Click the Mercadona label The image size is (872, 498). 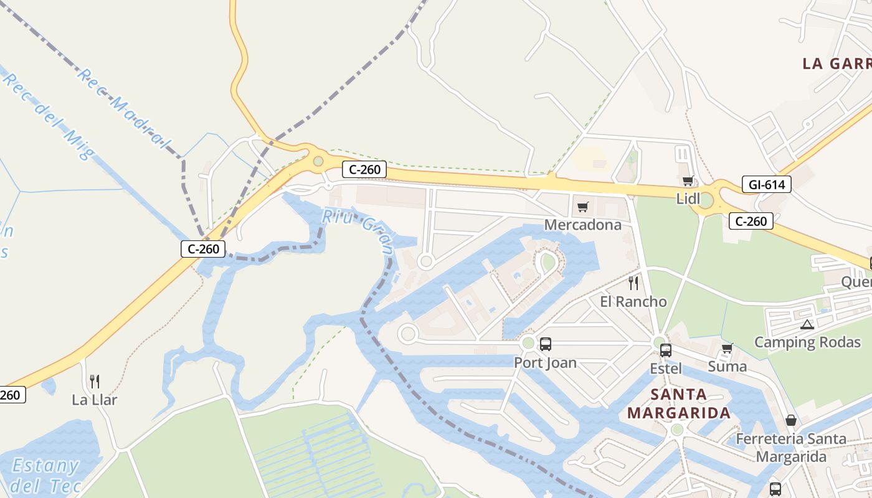pos(582,225)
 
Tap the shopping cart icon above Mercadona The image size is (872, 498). pos(582,207)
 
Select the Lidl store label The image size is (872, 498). pos(689,199)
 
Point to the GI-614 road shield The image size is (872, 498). pos(767,184)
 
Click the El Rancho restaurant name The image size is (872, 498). pos(633,302)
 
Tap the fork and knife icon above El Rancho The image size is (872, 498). pos(633,283)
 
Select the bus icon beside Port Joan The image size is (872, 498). pos(546,344)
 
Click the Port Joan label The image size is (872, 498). pos(545,362)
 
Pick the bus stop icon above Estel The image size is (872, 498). pos(665,350)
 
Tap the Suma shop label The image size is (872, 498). pos(727,366)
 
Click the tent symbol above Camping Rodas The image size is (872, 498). pos(807,324)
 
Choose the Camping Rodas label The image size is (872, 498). pos(807,342)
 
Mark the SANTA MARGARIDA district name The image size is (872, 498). pos(678,403)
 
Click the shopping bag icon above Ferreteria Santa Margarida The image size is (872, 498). pos(790,421)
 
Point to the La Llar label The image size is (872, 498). pos(95,400)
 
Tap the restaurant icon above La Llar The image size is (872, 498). pos(95,381)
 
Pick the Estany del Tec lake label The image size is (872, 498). pos(46,476)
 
